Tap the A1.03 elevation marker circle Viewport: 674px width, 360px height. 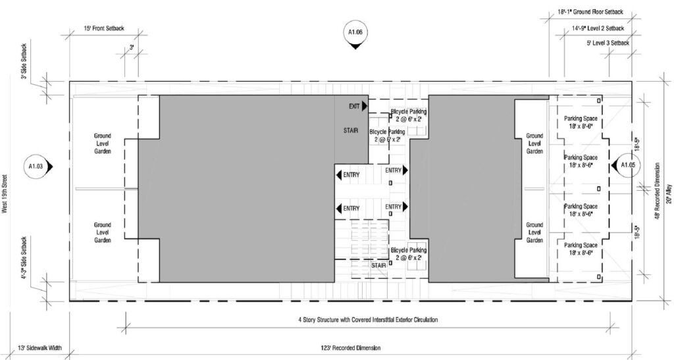(x=37, y=166)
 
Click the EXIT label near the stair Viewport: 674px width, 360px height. (x=354, y=107)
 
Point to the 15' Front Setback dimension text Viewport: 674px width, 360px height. (x=103, y=28)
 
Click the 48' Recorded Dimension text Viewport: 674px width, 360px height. (x=658, y=191)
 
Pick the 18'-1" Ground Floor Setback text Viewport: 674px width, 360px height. (x=590, y=13)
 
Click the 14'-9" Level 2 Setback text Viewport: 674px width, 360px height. (x=598, y=28)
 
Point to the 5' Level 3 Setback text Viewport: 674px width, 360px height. (x=608, y=43)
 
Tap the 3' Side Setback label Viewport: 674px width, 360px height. (x=24, y=61)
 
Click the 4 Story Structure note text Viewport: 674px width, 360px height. (x=368, y=320)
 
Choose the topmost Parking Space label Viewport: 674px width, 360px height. (x=581, y=122)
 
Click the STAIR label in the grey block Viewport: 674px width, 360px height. (x=351, y=130)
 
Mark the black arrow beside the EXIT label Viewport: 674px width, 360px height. (x=365, y=106)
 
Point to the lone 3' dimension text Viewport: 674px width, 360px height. (x=132, y=48)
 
